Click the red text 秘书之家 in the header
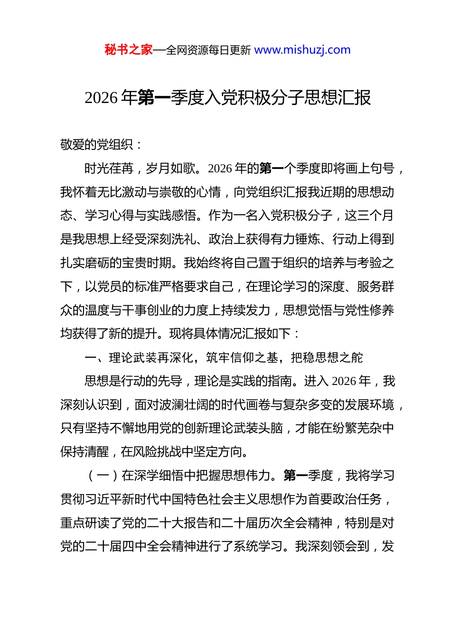(x=129, y=50)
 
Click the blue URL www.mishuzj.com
(x=302, y=50)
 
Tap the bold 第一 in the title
(x=154, y=98)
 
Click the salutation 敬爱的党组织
(x=97, y=145)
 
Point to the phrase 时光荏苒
(x=109, y=169)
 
